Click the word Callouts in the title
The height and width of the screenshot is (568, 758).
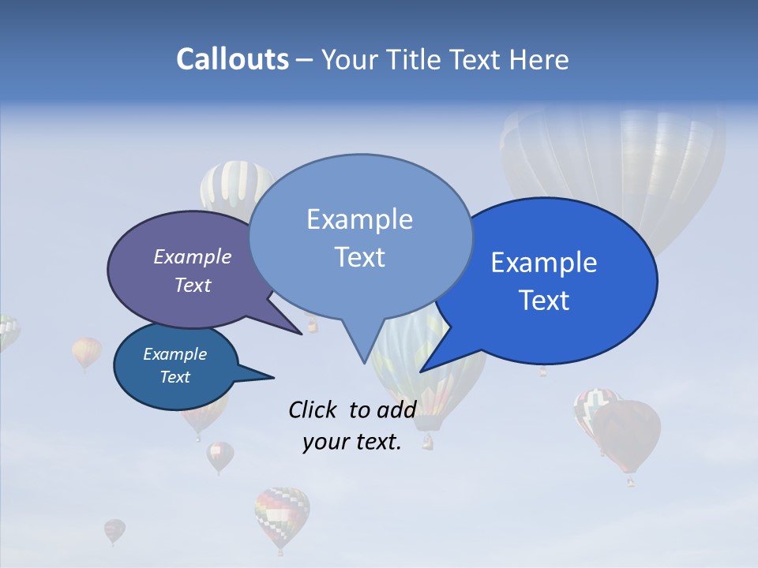click(x=232, y=59)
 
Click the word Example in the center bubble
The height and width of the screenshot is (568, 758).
click(x=359, y=219)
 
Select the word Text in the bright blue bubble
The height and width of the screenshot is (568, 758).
click(x=544, y=301)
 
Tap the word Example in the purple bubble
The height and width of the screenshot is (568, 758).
click(x=192, y=256)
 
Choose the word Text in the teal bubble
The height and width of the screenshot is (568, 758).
click(x=175, y=377)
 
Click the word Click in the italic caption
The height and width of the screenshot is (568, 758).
click(x=314, y=409)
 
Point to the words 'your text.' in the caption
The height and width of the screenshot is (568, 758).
click(x=352, y=442)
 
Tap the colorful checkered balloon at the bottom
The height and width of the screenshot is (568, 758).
click(x=282, y=516)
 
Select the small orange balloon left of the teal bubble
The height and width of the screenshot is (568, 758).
click(x=87, y=352)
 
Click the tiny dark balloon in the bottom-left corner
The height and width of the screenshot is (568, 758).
click(x=114, y=530)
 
